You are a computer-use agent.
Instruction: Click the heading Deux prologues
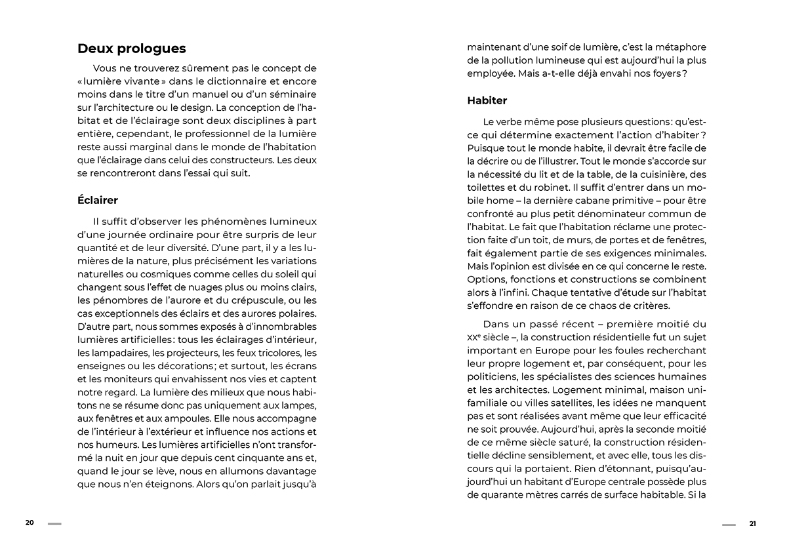point(131,49)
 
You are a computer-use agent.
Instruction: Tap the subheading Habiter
point(487,100)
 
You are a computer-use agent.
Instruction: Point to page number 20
point(30,523)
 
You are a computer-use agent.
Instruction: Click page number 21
point(752,523)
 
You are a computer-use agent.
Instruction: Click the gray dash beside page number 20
point(54,523)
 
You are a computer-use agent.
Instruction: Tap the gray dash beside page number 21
point(729,524)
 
